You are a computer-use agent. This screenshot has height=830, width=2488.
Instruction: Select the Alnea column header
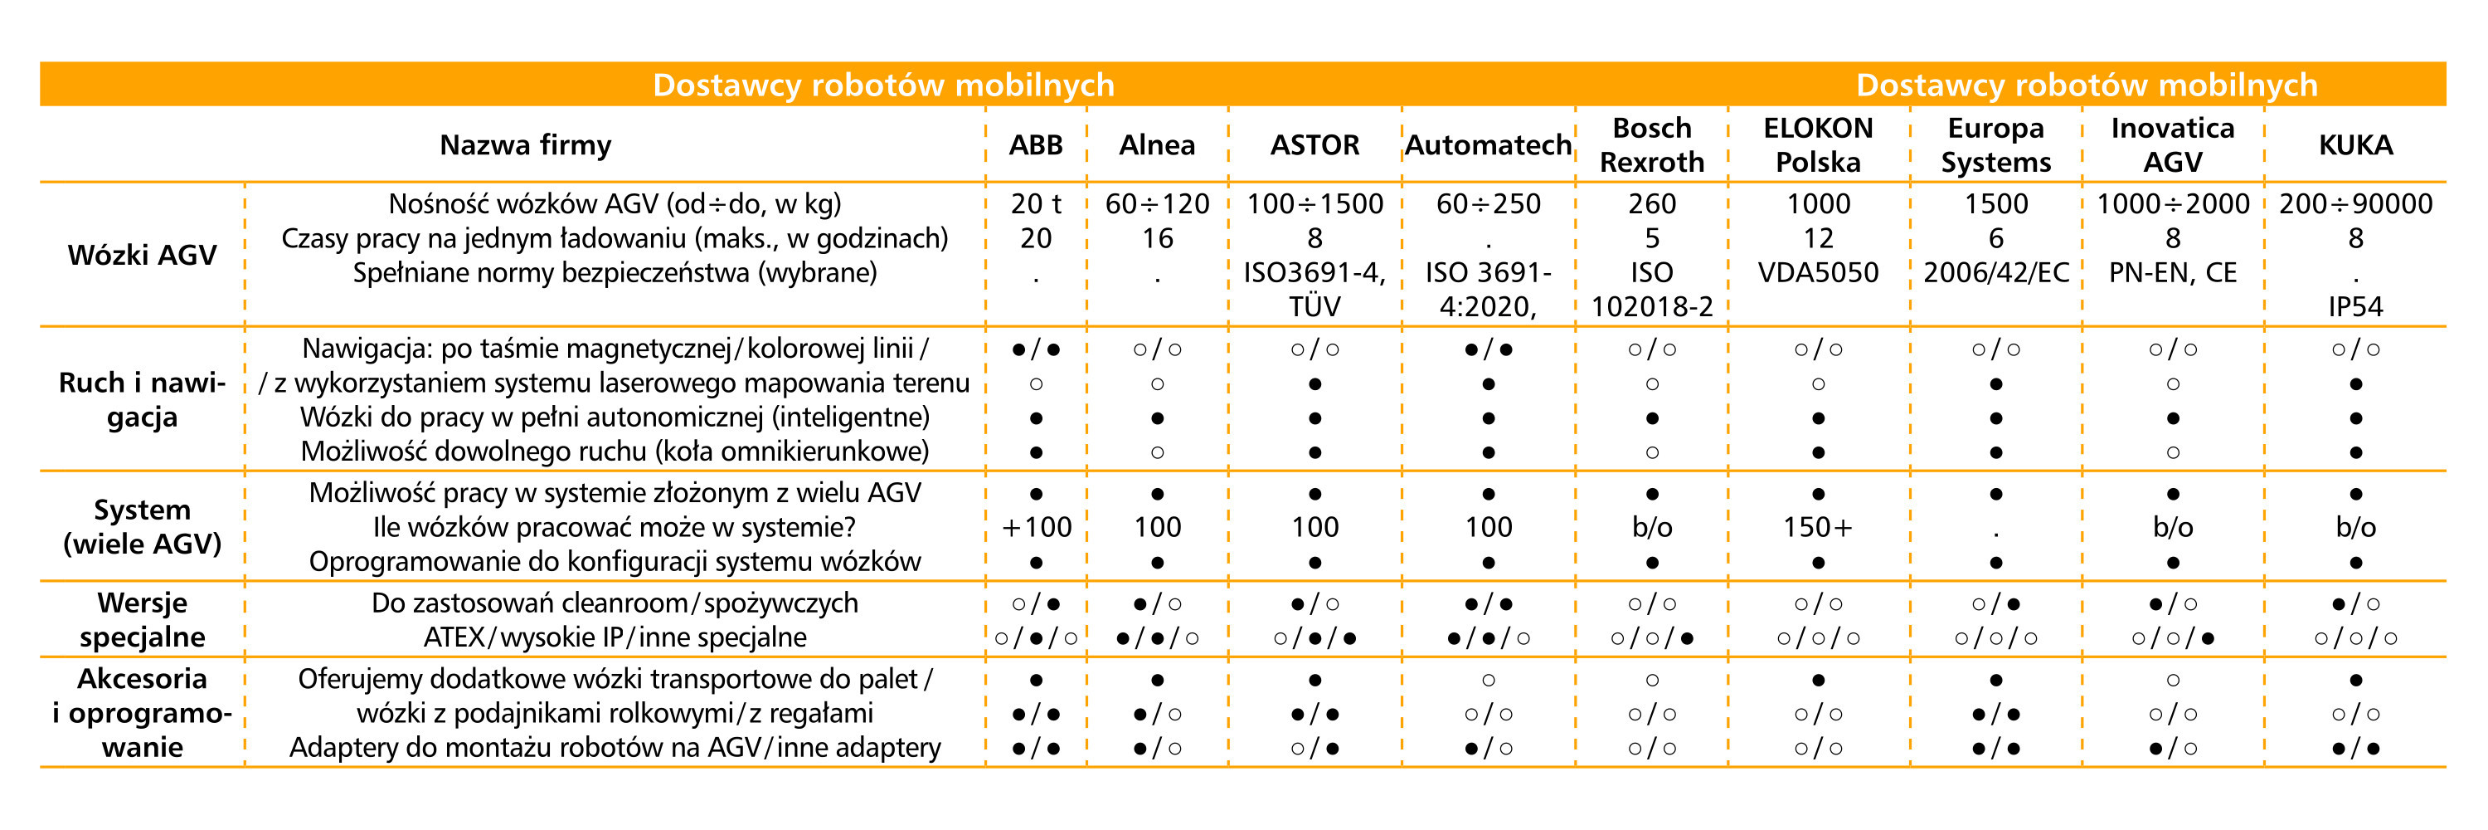[1156, 145]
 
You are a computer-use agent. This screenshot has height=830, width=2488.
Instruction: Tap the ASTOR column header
[1314, 145]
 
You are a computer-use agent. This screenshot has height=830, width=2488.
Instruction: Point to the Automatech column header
[1489, 145]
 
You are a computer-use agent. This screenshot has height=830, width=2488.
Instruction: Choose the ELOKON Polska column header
[1818, 145]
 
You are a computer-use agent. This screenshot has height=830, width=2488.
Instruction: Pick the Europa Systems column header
[1995, 145]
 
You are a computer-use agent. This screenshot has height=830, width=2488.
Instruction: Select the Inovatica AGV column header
[2172, 145]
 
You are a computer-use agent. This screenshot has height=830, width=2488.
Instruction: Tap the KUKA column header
[2355, 145]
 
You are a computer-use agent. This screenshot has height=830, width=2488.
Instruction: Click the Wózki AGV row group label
[142, 255]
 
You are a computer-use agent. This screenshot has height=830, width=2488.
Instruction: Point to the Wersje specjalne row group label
[142, 619]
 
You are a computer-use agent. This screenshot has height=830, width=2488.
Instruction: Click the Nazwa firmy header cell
[526, 145]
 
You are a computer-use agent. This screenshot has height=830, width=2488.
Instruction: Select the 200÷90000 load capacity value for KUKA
[2355, 204]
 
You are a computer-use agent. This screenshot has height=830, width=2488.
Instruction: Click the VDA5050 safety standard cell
[1818, 272]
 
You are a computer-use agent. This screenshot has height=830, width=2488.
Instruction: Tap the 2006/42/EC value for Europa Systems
[1995, 272]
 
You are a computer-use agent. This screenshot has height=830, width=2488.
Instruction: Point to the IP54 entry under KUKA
[2355, 307]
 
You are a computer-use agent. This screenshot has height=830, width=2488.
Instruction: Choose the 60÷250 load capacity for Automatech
[1489, 204]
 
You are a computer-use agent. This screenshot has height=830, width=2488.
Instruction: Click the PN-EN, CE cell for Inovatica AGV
[2172, 272]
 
